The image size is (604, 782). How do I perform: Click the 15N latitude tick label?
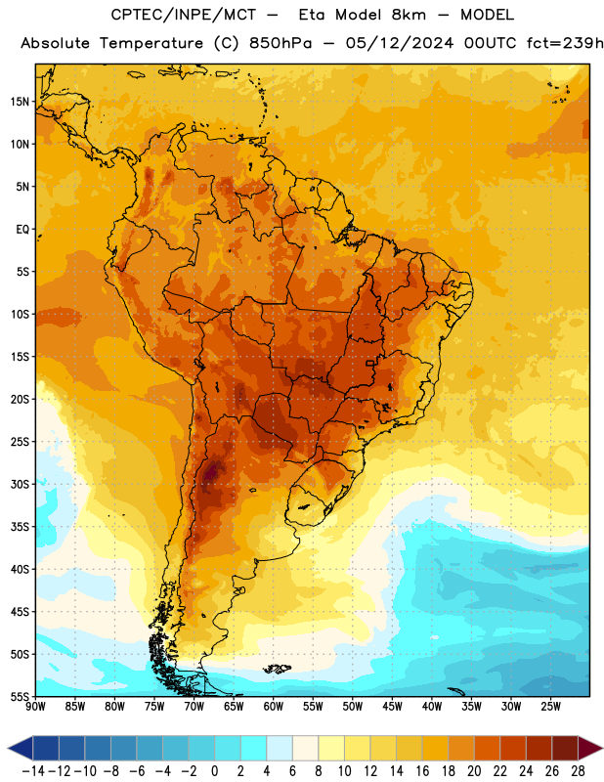(x=20, y=102)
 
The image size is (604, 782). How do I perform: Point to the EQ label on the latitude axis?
(x=22, y=230)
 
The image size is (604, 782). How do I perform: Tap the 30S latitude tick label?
(x=20, y=484)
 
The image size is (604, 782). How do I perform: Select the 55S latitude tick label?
(x=20, y=696)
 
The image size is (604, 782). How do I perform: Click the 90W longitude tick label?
(x=35, y=707)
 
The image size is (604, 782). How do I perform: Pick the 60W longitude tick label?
(x=274, y=707)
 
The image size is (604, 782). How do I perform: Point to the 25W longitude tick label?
(x=550, y=707)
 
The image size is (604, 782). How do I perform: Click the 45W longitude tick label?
(x=392, y=707)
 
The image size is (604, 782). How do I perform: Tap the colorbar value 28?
(x=578, y=771)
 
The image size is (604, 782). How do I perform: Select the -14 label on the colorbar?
(x=33, y=771)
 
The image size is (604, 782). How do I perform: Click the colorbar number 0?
(x=214, y=771)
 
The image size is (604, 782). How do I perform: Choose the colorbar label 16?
(x=422, y=771)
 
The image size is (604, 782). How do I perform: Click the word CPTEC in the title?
(x=133, y=15)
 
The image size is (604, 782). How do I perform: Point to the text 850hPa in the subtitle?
(x=280, y=43)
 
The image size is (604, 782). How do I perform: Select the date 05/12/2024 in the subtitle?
(x=400, y=43)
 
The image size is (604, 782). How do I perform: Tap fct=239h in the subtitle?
(x=565, y=43)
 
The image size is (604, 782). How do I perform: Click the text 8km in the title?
(x=409, y=15)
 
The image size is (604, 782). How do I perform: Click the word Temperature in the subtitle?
(x=151, y=43)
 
